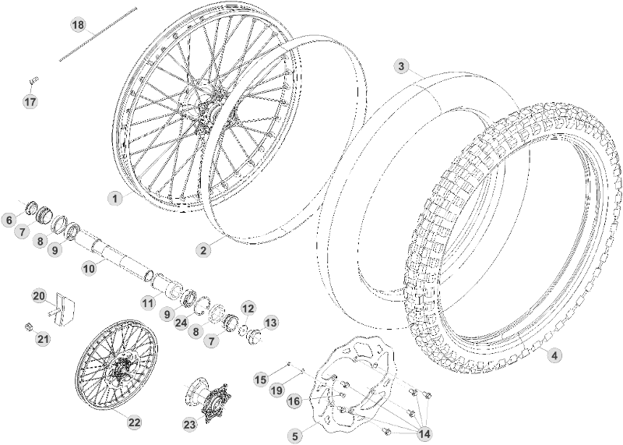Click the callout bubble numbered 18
(x=78, y=25)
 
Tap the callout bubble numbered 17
(x=30, y=102)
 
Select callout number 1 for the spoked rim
(x=115, y=199)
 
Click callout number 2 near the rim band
(x=203, y=250)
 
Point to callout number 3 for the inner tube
(x=401, y=66)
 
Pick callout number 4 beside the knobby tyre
(x=554, y=355)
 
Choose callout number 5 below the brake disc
(x=294, y=436)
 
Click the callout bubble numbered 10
(x=89, y=267)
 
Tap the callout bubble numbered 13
(x=270, y=322)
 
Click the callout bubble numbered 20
(x=39, y=296)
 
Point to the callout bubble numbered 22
(x=135, y=422)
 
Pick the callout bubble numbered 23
(x=189, y=424)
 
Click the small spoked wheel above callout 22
(x=116, y=369)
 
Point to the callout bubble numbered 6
(x=10, y=221)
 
